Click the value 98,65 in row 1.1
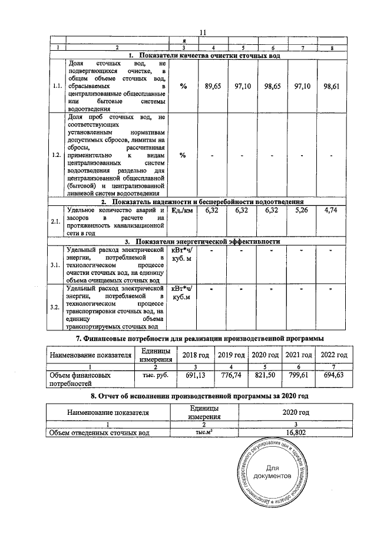(x=273, y=86)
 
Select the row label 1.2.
(x=57, y=155)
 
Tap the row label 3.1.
(x=57, y=265)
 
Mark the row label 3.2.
(x=57, y=307)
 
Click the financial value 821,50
(x=265, y=375)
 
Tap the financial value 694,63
(x=333, y=375)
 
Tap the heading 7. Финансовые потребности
(x=200, y=338)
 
